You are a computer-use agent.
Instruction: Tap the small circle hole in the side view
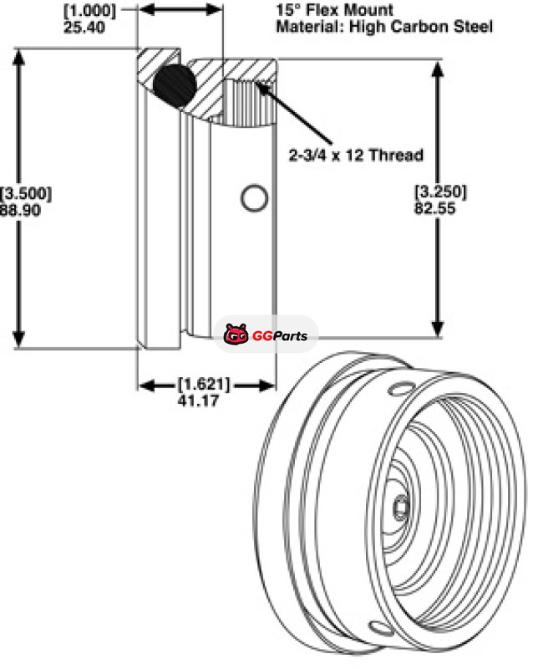(255, 198)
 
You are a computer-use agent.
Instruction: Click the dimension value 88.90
(20, 211)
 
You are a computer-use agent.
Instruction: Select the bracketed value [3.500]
(26, 194)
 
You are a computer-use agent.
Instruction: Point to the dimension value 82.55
(435, 208)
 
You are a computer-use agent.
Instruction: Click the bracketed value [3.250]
(441, 192)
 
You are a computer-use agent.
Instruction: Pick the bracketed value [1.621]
(204, 385)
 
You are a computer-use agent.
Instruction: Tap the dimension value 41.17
(198, 401)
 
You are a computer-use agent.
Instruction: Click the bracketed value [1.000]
(89, 11)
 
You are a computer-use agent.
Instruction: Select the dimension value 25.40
(84, 28)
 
